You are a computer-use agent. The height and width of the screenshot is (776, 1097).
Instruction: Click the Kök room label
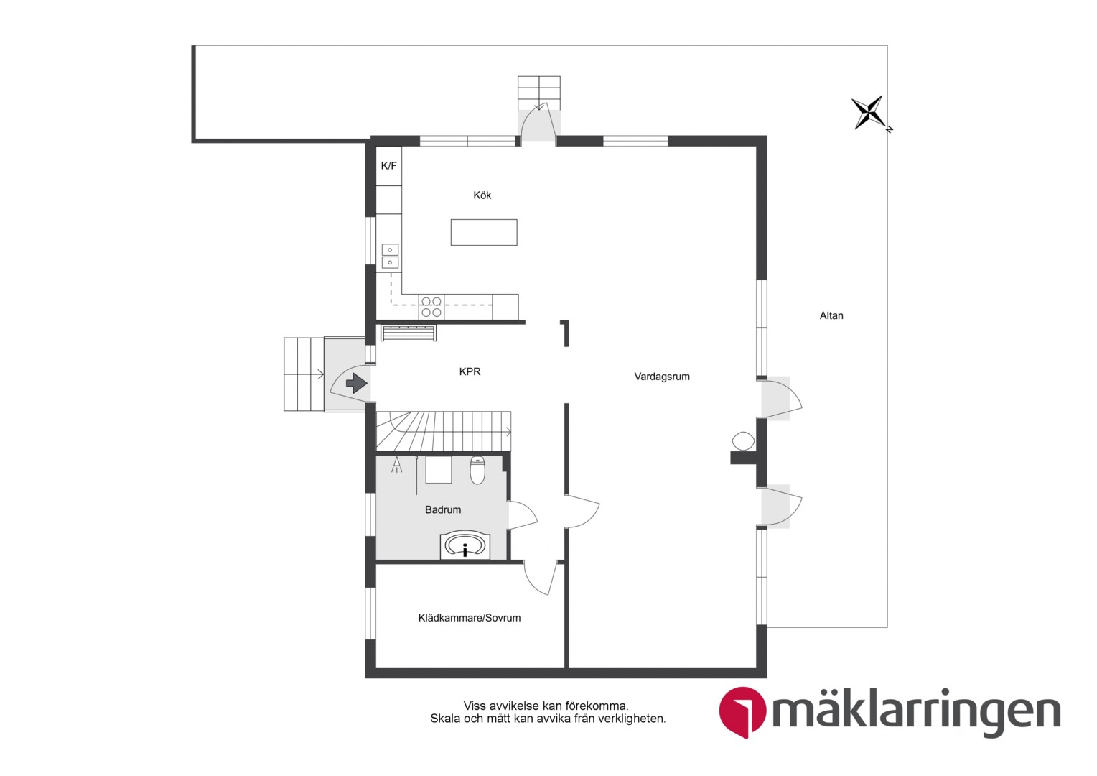coord(482,195)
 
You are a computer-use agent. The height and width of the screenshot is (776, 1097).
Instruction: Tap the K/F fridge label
coord(389,166)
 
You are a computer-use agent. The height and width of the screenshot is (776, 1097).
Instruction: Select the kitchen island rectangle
coord(484,232)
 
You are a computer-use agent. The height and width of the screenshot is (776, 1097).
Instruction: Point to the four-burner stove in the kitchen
coord(431,307)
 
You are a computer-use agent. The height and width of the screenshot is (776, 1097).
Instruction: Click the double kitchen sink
coord(390,257)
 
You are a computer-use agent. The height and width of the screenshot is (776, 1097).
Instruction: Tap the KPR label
coord(470,371)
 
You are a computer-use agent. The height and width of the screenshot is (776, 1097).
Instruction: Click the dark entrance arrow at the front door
coord(357,383)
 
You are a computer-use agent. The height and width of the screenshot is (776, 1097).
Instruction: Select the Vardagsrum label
coord(662,377)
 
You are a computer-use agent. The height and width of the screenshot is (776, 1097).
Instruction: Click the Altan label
coord(831,315)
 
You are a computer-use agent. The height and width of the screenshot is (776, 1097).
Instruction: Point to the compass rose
coord(869,114)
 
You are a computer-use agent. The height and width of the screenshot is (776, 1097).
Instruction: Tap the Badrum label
coord(443,510)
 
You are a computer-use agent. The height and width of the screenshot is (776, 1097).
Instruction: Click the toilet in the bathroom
coord(477,470)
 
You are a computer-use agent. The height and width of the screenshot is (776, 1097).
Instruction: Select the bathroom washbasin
coord(465,546)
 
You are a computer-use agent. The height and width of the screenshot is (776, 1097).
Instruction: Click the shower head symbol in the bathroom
coord(396,465)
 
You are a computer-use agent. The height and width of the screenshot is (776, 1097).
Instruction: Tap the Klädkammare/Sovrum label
coord(469,618)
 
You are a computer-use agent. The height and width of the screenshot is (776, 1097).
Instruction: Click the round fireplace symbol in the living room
coord(743,440)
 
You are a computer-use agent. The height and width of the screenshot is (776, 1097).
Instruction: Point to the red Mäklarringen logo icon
coord(742,712)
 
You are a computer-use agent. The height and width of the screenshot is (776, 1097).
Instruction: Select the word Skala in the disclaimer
coord(443,719)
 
